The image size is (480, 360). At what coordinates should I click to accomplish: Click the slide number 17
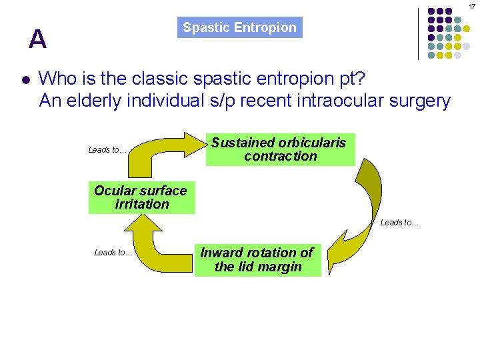471,6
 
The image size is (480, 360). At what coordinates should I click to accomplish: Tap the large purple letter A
38,40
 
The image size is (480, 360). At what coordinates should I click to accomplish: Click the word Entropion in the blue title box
269,28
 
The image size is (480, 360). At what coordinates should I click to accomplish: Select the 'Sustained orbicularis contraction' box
280,149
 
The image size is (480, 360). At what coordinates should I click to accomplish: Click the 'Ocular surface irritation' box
141,197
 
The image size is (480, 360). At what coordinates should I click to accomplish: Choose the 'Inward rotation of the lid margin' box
257,260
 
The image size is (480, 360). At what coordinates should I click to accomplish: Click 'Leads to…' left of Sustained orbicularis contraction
107,150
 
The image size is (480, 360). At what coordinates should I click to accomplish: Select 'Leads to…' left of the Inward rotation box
113,253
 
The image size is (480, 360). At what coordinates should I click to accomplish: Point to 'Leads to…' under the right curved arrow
399,223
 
